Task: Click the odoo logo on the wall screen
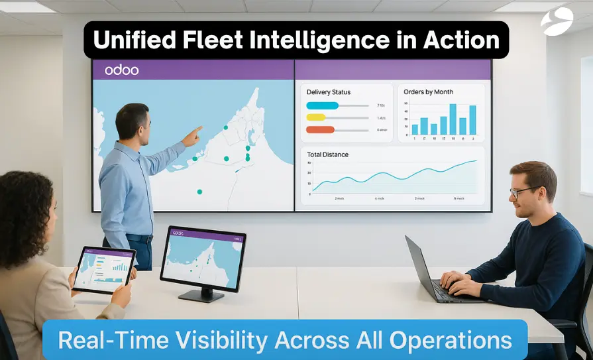(x=121, y=70)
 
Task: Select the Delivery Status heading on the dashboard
(x=329, y=92)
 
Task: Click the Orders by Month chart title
(x=429, y=92)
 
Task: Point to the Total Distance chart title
(x=327, y=154)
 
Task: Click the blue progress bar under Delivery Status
(x=323, y=105)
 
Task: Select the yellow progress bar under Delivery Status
(x=316, y=117)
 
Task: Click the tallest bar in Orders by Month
(x=453, y=119)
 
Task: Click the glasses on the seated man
(x=523, y=192)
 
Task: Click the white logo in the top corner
(x=557, y=21)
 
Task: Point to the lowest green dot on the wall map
(x=199, y=192)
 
